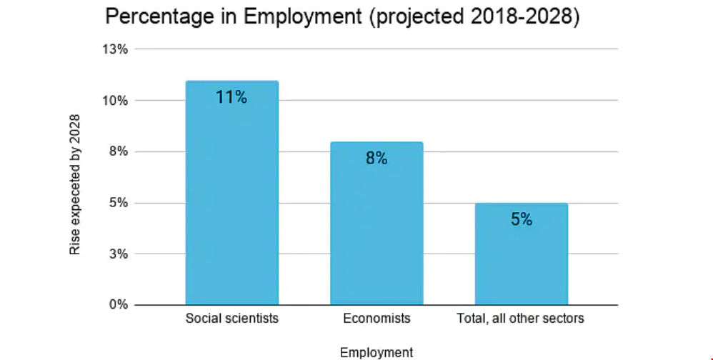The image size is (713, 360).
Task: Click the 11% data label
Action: click(231, 97)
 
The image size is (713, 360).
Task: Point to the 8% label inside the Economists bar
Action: click(377, 159)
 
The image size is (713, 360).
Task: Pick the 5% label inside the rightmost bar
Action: click(521, 220)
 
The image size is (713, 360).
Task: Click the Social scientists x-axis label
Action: click(231, 318)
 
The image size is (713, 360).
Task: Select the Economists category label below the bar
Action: click(377, 318)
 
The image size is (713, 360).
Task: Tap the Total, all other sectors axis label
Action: click(521, 318)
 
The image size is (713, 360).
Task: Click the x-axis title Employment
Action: click(377, 352)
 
